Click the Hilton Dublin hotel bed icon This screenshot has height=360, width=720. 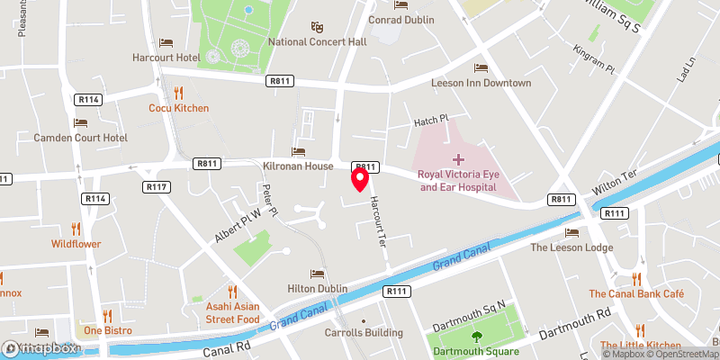tap(316, 273)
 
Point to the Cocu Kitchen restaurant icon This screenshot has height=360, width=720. tap(178, 92)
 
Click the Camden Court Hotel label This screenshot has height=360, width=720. tap(80, 138)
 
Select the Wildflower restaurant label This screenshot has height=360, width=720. tap(76, 243)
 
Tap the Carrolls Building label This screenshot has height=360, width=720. tap(363, 331)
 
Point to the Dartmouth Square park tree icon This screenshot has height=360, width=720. tap(477, 337)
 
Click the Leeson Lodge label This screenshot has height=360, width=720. tap(572, 247)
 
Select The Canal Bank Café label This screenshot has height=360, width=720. tap(636, 293)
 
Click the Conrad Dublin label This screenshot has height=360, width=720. tap(400, 17)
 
